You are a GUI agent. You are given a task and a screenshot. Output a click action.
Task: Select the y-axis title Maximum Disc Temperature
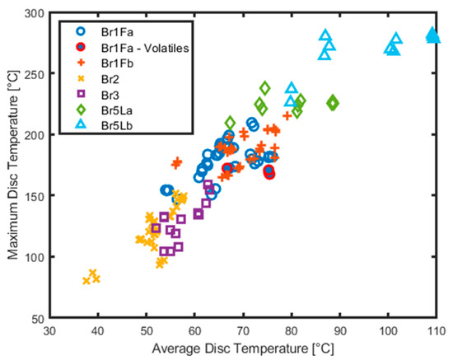coord(12,165)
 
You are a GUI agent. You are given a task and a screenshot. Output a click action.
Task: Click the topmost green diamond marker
coord(265,87)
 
